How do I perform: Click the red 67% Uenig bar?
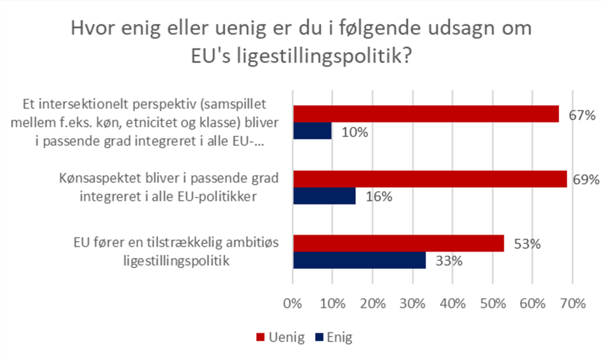[x=425, y=114]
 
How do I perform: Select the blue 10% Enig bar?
[x=312, y=131]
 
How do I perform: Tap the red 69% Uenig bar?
[x=429, y=179]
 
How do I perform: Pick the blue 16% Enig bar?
[x=324, y=196]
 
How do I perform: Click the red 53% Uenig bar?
[x=398, y=244]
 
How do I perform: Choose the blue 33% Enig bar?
[x=359, y=260]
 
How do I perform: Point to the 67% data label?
[x=582, y=115]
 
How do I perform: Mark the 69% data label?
[x=586, y=180]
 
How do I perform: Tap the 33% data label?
[x=448, y=261]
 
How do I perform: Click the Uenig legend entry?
[x=281, y=338]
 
